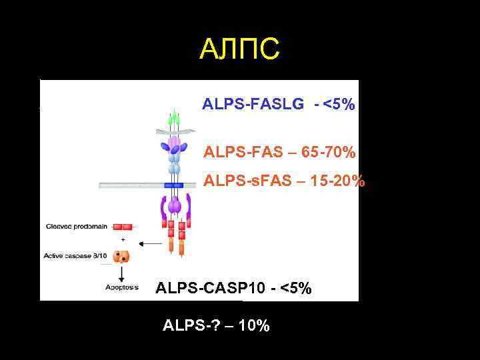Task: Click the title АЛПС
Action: click(240, 49)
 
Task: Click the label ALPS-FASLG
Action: click(253, 105)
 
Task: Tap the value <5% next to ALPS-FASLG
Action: click(339, 105)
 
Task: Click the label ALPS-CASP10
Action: click(209, 289)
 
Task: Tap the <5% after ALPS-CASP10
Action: click(295, 289)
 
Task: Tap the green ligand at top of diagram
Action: click(174, 120)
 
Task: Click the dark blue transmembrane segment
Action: click(174, 185)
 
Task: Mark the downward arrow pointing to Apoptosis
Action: click(121, 274)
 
